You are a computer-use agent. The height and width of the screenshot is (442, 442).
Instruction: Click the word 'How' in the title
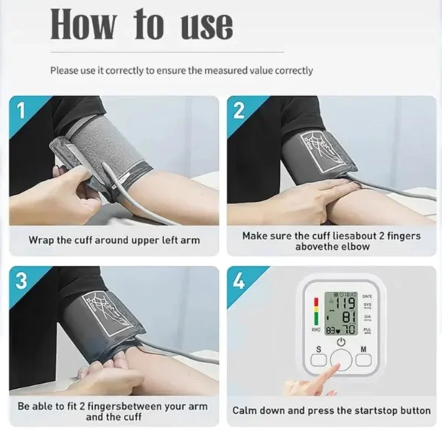[x=83, y=26]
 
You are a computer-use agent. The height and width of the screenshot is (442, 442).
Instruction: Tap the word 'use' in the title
[x=207, y=26]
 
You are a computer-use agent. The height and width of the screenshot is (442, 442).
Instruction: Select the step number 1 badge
[x=21, y=111]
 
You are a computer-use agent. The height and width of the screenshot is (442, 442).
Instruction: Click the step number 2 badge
[x=239, y=111]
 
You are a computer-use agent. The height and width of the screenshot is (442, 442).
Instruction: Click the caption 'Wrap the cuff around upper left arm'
[x=113, y=240]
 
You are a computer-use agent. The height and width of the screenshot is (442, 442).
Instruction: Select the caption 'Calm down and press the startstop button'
[x=331, y=410]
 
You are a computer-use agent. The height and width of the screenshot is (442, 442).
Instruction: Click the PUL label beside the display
[x=367, y=331]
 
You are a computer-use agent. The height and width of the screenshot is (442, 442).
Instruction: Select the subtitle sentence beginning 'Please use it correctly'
[x=181, y=71]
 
